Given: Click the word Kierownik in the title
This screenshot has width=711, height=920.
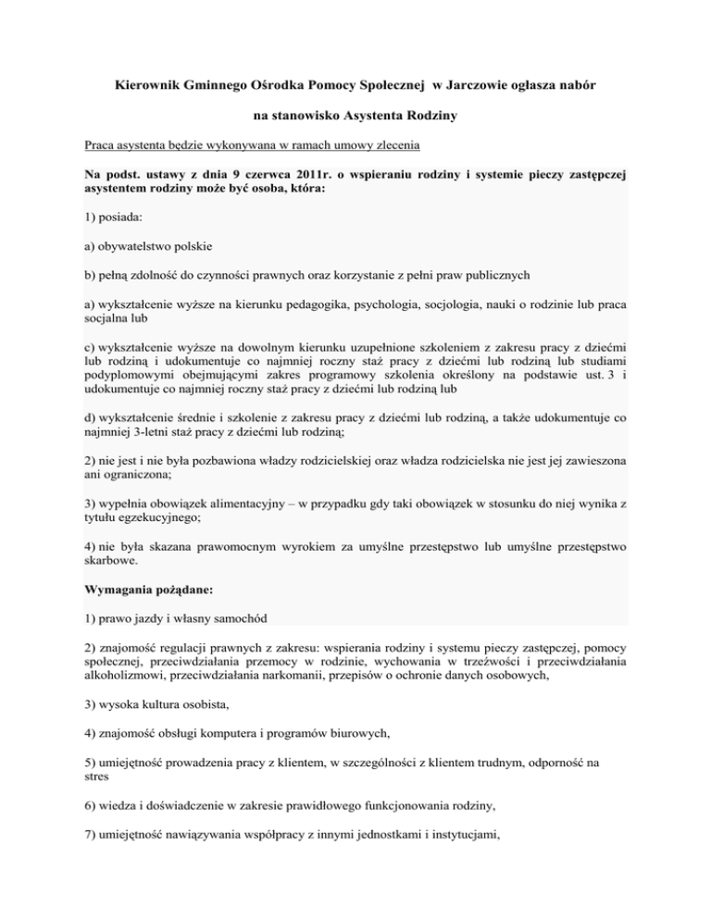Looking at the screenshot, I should point(143,85).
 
